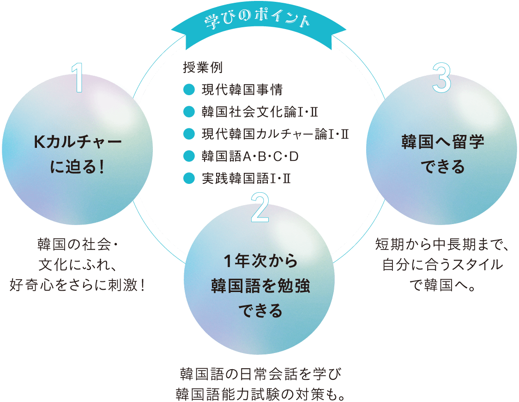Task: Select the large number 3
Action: [x=442, y=77]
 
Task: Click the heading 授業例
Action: [x=203, y=68]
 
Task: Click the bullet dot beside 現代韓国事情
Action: [x=188, y=90]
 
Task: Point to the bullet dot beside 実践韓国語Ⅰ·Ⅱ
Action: [x=188, y=178]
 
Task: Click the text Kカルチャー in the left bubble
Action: [x=78, y=142]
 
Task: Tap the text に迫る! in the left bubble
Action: [x=78, y=167]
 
